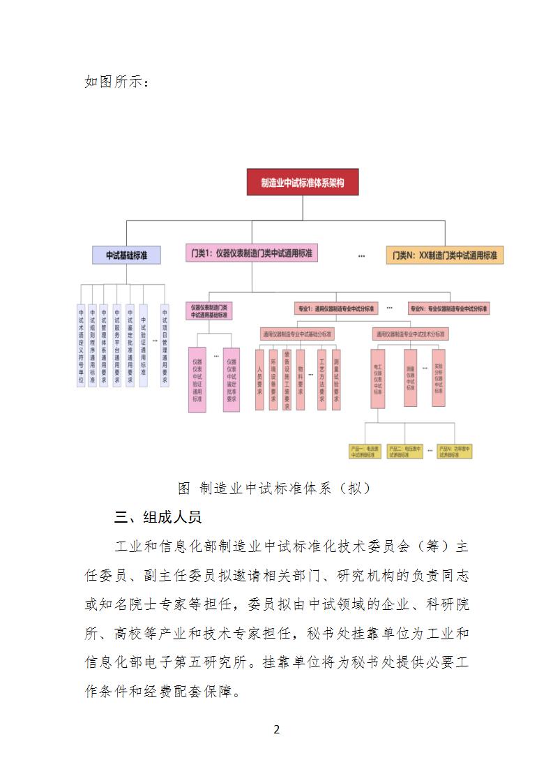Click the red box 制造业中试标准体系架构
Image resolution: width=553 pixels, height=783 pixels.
click(303, 182)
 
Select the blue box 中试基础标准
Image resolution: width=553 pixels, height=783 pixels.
click(126, 255)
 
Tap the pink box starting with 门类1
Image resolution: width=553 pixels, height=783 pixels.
click(252, 253)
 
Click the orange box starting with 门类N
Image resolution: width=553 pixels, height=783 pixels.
click(445, 255)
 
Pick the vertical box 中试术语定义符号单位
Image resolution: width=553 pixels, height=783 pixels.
click(81, 346)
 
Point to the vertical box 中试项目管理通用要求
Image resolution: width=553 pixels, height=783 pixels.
click(165, 346)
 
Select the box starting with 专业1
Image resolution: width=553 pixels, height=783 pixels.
click(335, 308)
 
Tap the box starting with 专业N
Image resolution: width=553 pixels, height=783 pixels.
click(449, 308)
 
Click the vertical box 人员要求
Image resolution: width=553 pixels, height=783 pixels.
click(259, 379)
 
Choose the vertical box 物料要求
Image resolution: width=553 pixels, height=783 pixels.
click(301, 379)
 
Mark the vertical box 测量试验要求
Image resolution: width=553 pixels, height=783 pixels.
click(336, 379)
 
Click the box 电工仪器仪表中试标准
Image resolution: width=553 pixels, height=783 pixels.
click(377, 379)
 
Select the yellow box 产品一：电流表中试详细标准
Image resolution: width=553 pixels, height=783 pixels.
click(365, 451)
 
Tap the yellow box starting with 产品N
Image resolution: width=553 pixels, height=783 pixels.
click(455, 451)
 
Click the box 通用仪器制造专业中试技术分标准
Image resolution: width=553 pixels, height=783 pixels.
click(409, 334)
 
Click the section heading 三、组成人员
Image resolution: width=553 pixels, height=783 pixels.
click(158, 517)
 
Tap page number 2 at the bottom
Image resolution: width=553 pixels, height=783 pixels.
click(277, 730)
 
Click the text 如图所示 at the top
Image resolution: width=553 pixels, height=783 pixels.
click(116, 82)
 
